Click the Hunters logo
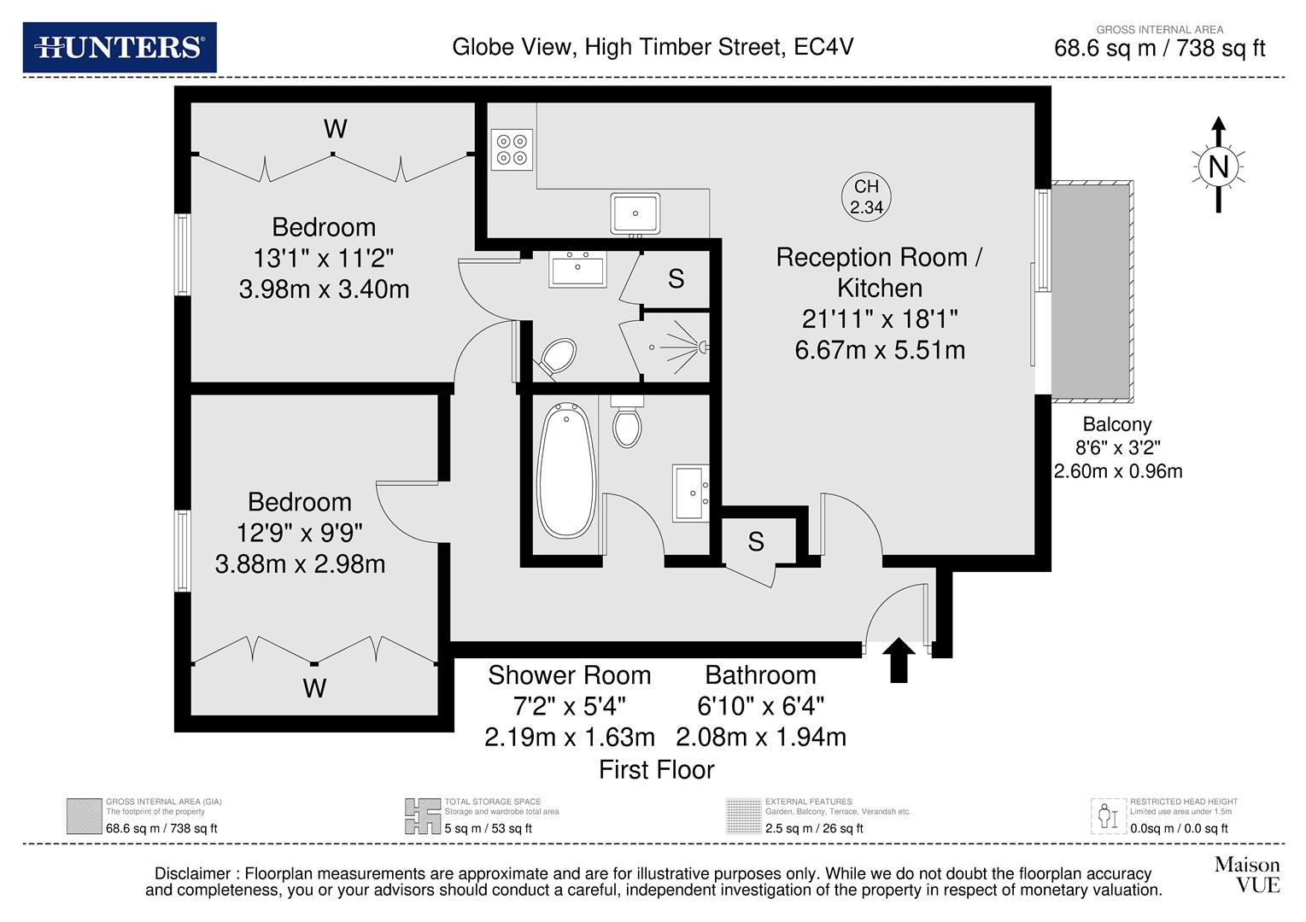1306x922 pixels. [x=120, y=47]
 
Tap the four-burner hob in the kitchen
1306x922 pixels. [x=512, y=149]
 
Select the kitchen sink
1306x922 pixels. [x=635, y=213]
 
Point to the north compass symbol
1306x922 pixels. [x=1218, y=166]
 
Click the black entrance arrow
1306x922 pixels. [x=898, y=661]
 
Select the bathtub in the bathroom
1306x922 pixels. [x=566, y=470]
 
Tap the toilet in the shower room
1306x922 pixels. [x=556, y=356]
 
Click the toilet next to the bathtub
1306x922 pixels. [x=628, y=423]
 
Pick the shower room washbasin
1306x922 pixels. [x=578, y=270]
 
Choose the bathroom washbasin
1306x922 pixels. [x=691, y=493]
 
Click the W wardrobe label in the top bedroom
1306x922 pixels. [x=335, y=129]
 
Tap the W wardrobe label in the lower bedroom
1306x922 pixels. [x=314, y=688]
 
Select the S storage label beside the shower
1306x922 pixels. [x=676, y=279]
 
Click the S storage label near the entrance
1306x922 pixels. [x=756, y=541]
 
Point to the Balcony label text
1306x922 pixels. [x=1116, y=424]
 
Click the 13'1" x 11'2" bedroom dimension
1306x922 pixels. [x=323, y=258]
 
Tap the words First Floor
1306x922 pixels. [x=656, y=770]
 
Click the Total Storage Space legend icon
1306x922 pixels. [x=422, y=816]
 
